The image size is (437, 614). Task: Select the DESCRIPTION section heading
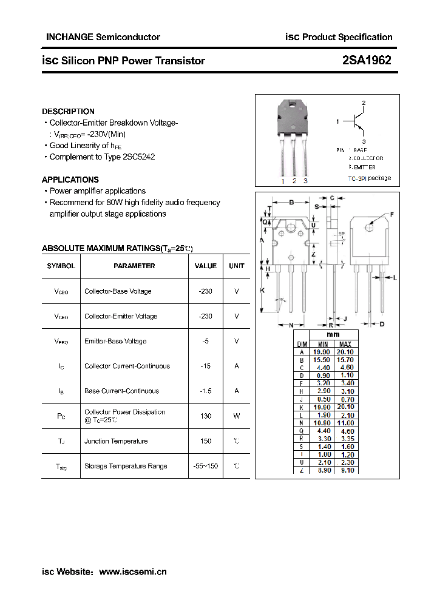click(x=68, y=112)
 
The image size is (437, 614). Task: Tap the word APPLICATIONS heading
click(x=70, y=180)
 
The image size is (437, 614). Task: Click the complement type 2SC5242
click(x=139, y=157)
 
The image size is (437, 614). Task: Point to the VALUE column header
click(x=206, y=266)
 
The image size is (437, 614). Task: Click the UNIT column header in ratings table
click(x=237, y=266)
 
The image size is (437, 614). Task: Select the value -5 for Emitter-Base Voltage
click(x=206, y=341)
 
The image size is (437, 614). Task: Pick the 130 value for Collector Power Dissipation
click(x=206, y=416)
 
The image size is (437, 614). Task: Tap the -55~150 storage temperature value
click(x=206, y=466)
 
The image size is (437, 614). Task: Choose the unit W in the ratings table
click(x=237, y=416)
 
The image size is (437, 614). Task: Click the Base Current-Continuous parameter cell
click(x=121, y=391)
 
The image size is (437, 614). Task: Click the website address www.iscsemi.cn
click(x=132, y=572)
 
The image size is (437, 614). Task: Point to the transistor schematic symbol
click(x=358, y=122)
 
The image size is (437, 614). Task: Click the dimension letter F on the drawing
click(x=392, y=214)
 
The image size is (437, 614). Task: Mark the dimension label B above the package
click(x=291, y=203)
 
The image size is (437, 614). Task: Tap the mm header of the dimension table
click(x=333, y=335)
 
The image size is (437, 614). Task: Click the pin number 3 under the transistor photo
click(x=305, y=181)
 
